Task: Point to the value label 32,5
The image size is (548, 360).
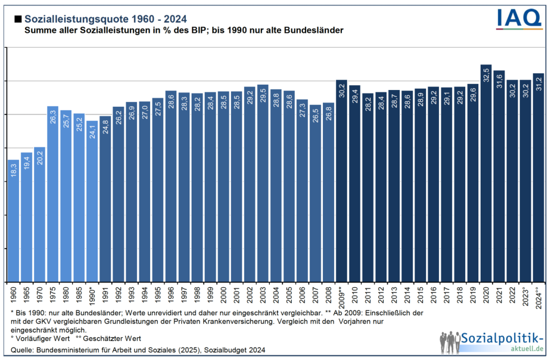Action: click(x=486, y=77)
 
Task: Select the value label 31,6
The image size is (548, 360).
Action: click(x=499, y=83)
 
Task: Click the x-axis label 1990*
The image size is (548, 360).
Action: click(x=92, y=294)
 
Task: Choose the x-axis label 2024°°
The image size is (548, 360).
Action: click(x=538, y=296)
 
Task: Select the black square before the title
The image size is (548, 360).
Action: click(x=17, y=19)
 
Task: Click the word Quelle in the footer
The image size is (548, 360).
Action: click(x=22, y=349)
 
